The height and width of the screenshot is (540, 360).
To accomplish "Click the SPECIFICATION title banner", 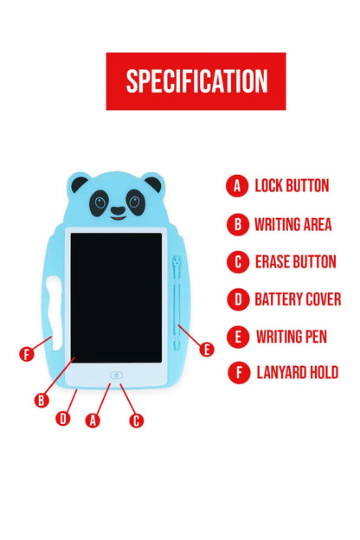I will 196,81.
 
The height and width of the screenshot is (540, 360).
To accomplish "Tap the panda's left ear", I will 80,184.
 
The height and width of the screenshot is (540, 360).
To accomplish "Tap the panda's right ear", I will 153,183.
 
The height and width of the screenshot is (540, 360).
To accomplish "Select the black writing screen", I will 116,297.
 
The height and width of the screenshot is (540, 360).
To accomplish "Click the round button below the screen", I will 116,376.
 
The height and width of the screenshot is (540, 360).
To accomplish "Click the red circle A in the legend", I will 236,185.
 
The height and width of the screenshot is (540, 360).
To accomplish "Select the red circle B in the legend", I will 236,225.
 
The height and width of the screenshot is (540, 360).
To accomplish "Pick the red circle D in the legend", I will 236,299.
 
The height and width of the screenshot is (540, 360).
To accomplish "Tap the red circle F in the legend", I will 236,373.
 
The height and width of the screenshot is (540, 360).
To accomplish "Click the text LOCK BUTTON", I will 292,185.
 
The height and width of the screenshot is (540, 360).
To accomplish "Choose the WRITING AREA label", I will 293,225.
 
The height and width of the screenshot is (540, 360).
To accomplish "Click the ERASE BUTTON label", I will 295,262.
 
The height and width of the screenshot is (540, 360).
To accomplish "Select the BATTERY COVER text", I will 298,299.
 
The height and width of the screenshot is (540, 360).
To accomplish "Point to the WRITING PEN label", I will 292,337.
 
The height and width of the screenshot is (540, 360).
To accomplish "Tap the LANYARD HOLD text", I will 297,373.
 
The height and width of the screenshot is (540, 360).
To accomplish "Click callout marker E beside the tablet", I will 206,350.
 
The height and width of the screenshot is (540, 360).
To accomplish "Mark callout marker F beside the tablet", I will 28,353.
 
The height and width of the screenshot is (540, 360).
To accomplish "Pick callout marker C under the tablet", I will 136,421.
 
